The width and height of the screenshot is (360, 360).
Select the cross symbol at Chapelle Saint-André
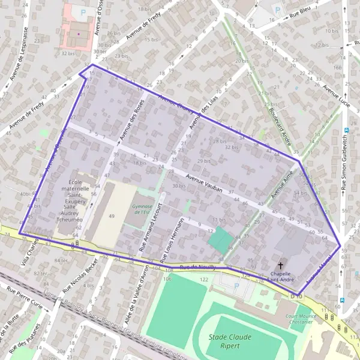280,265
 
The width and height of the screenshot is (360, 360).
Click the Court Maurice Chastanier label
300,319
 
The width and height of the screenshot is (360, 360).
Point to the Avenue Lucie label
336,95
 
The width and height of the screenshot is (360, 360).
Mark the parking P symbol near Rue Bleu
277,10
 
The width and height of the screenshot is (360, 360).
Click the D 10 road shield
294,296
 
